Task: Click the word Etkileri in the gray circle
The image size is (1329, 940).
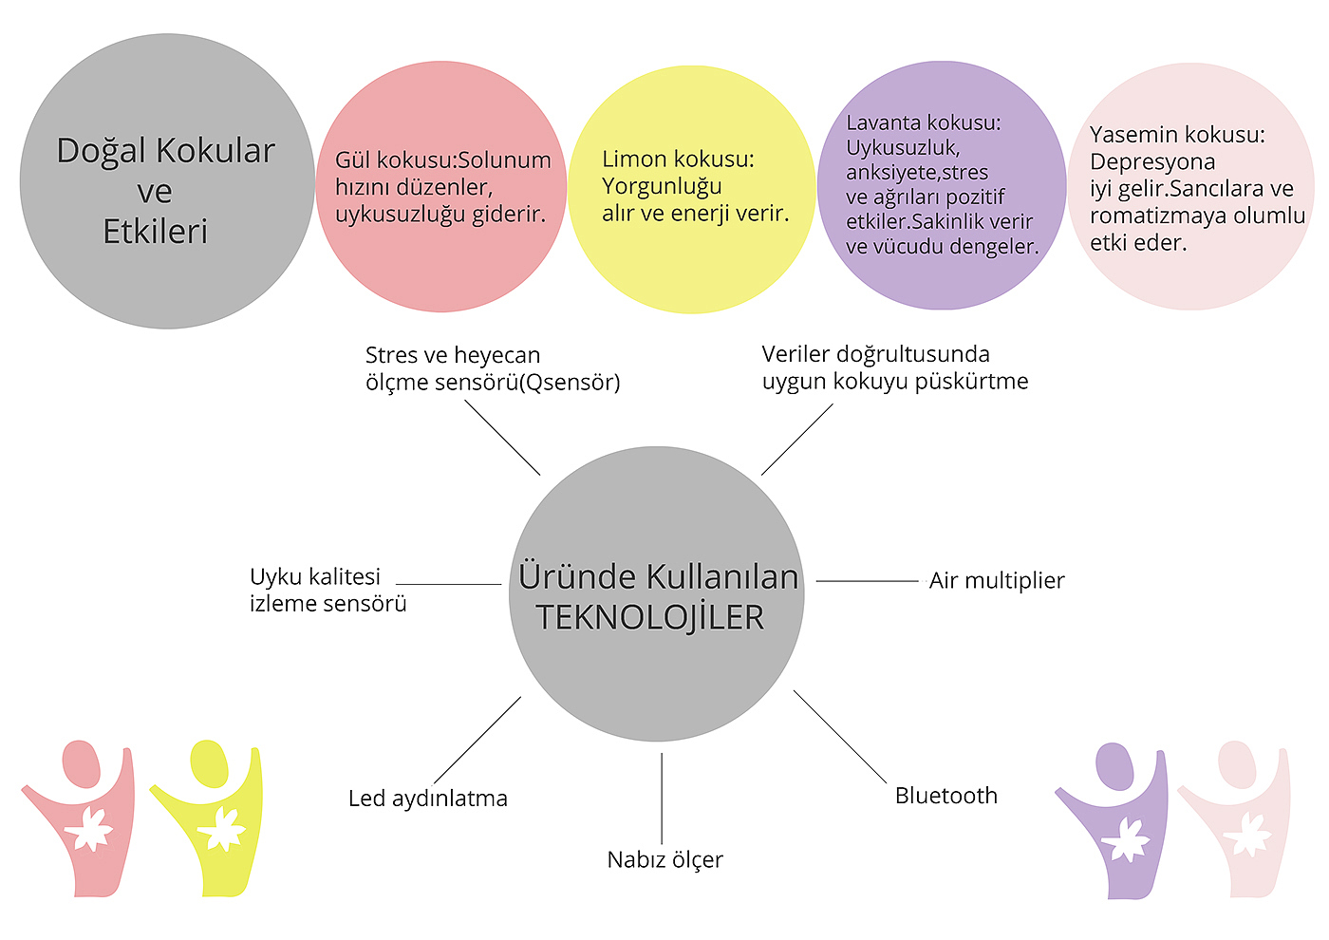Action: (x=155, y=232)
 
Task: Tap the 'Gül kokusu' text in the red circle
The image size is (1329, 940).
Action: (x=393, y=160)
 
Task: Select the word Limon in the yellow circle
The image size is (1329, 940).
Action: (x=635, y=160)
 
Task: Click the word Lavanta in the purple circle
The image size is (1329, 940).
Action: (x=884, y=123)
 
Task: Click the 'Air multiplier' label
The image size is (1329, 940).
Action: (x=997, y=581)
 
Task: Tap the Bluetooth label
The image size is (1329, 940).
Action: (x=945, y=796)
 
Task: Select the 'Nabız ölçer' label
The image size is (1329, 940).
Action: (x=664, y=860)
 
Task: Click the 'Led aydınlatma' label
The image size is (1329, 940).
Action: (x=427, y=799)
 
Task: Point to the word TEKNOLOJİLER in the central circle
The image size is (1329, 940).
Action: (x=650, y=617)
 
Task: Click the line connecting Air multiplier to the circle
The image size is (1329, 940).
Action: (x=867, y=581)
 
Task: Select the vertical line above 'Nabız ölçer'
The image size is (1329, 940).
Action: (x=662, y=798)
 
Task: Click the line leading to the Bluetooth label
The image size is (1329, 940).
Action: (x=840, y=737)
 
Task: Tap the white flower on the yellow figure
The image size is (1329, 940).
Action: (x=221, y=829)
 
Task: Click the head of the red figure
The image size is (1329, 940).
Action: (x=81, y=763)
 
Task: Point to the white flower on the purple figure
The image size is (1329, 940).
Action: (x=1125, y=838)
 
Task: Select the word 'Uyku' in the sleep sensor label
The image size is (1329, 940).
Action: (x=275, y=577)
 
